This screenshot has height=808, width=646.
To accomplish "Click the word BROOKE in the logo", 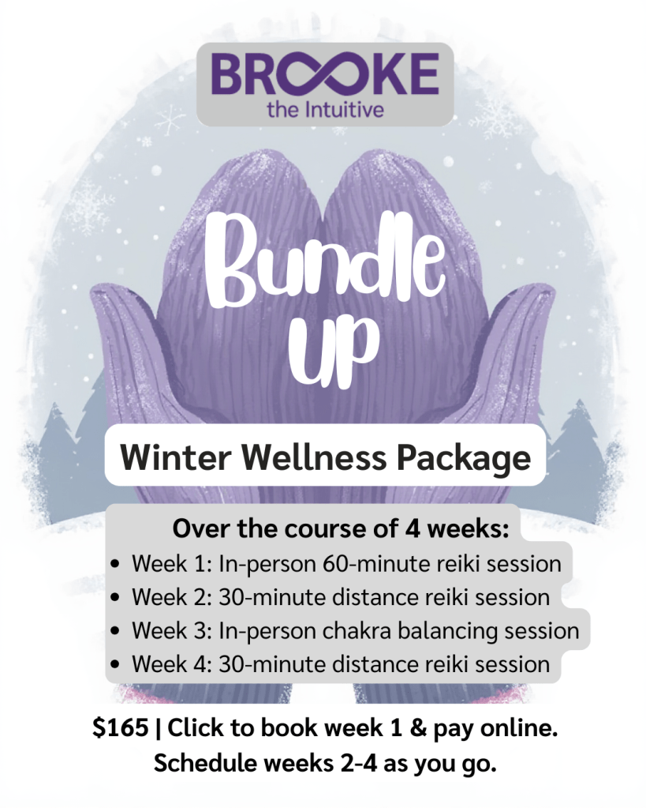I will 324,74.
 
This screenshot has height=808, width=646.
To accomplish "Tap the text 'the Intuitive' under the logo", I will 325,108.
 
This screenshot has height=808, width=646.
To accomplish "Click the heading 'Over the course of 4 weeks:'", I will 341,529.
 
